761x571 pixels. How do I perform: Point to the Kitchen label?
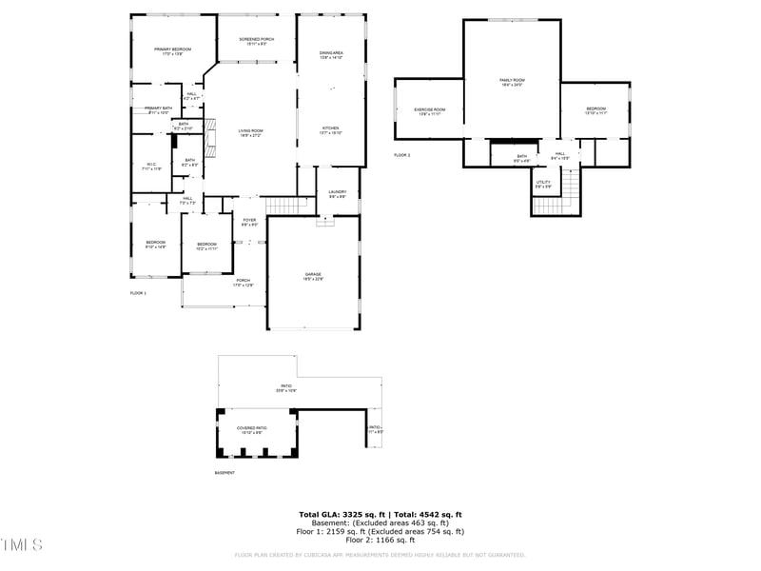coord(330,128)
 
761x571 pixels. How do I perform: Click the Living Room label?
coord(250,131)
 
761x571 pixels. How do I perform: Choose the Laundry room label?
coord(338,192)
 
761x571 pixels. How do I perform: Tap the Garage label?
coord(313,274)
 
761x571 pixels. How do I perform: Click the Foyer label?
coord(249,221)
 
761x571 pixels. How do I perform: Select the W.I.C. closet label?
coord(151,165)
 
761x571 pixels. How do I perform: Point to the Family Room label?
coord(513,81)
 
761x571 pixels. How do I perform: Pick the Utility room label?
coord(543,182)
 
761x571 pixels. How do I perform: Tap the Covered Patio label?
coord(252,428)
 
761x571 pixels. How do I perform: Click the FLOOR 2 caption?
coord(401,154)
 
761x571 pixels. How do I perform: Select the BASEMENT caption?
coord(224,473)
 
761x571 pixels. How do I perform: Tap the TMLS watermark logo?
coord(22,545)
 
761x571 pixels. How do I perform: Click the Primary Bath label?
coord(158,109)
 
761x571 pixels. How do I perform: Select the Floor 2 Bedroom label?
coord(595,109)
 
